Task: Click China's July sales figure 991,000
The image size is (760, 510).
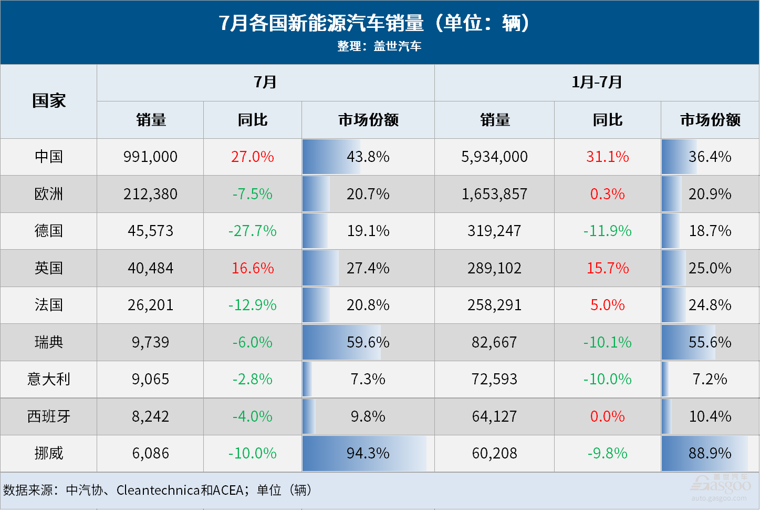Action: (x=150, y=157)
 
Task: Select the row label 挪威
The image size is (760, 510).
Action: (x=49, y=453)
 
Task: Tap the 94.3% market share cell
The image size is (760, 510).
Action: (x=368, y=453)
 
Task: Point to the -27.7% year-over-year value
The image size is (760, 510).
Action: (x=252, y=231)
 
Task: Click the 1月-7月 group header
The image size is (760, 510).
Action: (x=597, y=82)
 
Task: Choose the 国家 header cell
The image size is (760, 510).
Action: (x=49, y=101)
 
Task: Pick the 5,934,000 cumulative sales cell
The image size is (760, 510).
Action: (x=494, y=157)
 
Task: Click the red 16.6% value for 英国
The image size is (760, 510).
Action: (x=253, y=268)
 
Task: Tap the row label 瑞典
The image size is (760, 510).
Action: (x=49, y=342)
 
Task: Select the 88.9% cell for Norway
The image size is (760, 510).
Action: (x=710, y=453)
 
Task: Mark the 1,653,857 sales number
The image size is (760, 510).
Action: (x=494, y=194)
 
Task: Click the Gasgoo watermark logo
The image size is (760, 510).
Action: (x=721, y=485)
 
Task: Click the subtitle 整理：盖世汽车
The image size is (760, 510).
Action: (x=379, y=46)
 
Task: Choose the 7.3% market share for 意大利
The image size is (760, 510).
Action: (x=368, y=379)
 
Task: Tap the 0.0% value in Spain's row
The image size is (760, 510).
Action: (x=607, y=416)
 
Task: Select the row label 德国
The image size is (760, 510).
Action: (x=49, y=231)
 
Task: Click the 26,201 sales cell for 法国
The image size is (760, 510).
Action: (x=150, y=305)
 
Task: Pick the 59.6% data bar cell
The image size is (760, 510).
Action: (x=368, y=342)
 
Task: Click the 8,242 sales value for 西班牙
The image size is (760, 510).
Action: (x=150, y=416)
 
